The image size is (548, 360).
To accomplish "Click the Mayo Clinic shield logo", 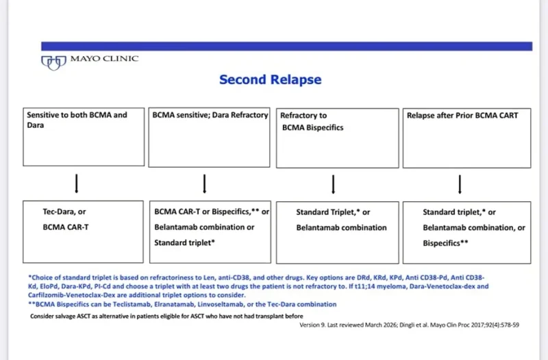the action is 53,62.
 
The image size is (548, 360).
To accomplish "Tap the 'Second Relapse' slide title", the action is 270,79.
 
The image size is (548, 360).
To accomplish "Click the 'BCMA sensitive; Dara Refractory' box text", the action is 210,115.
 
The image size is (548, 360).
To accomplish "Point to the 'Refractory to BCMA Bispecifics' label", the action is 312,121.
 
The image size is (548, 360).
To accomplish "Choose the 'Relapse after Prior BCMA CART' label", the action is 462,115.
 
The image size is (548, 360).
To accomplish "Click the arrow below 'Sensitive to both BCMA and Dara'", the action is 77,183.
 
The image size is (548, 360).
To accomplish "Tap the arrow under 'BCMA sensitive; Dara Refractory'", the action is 204,183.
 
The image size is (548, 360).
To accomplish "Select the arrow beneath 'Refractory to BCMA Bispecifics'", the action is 333,184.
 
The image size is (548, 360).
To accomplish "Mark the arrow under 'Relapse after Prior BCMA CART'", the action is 460,184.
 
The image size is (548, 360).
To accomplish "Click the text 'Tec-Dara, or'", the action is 64,211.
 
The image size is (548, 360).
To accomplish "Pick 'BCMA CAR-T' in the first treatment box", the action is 66,227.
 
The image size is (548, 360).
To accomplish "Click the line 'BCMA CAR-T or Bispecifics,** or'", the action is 212,211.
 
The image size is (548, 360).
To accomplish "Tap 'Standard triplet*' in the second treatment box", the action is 184,242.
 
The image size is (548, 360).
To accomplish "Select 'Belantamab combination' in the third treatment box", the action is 341,228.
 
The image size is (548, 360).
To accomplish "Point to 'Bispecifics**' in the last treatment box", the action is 445,243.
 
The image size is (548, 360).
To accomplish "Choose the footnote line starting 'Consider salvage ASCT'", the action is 166,316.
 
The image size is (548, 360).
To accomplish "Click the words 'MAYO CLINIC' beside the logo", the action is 105,59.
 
